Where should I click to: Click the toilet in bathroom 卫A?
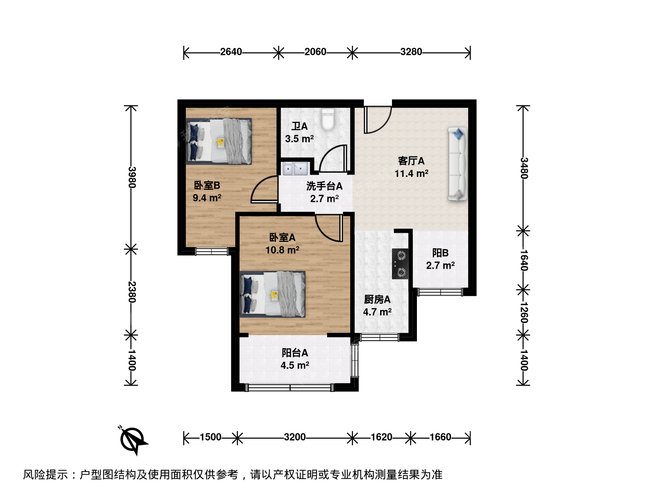(x=328, y=120)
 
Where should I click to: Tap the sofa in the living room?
(x=458, y=164)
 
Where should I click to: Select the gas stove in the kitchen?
(x=400, y=264)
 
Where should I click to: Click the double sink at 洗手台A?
(x=295, y=169)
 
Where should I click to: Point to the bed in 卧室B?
(x=219, y=141)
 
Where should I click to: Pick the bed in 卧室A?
(x=272, y=294)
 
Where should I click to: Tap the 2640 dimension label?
(x=231, y=52)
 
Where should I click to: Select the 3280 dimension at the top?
(x=411, y=52)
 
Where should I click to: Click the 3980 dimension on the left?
(x=132, y=177)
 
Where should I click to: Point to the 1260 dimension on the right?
(x=524, y=313)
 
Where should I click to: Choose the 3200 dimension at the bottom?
(x=295, y=437)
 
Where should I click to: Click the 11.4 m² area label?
(x=411, y=173)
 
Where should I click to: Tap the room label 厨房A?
(x=377, y=299)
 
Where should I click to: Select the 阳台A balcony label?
(x=295, y=353)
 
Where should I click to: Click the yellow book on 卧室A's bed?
(x=274, y=296)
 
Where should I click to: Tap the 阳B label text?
(x=441, y=253)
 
